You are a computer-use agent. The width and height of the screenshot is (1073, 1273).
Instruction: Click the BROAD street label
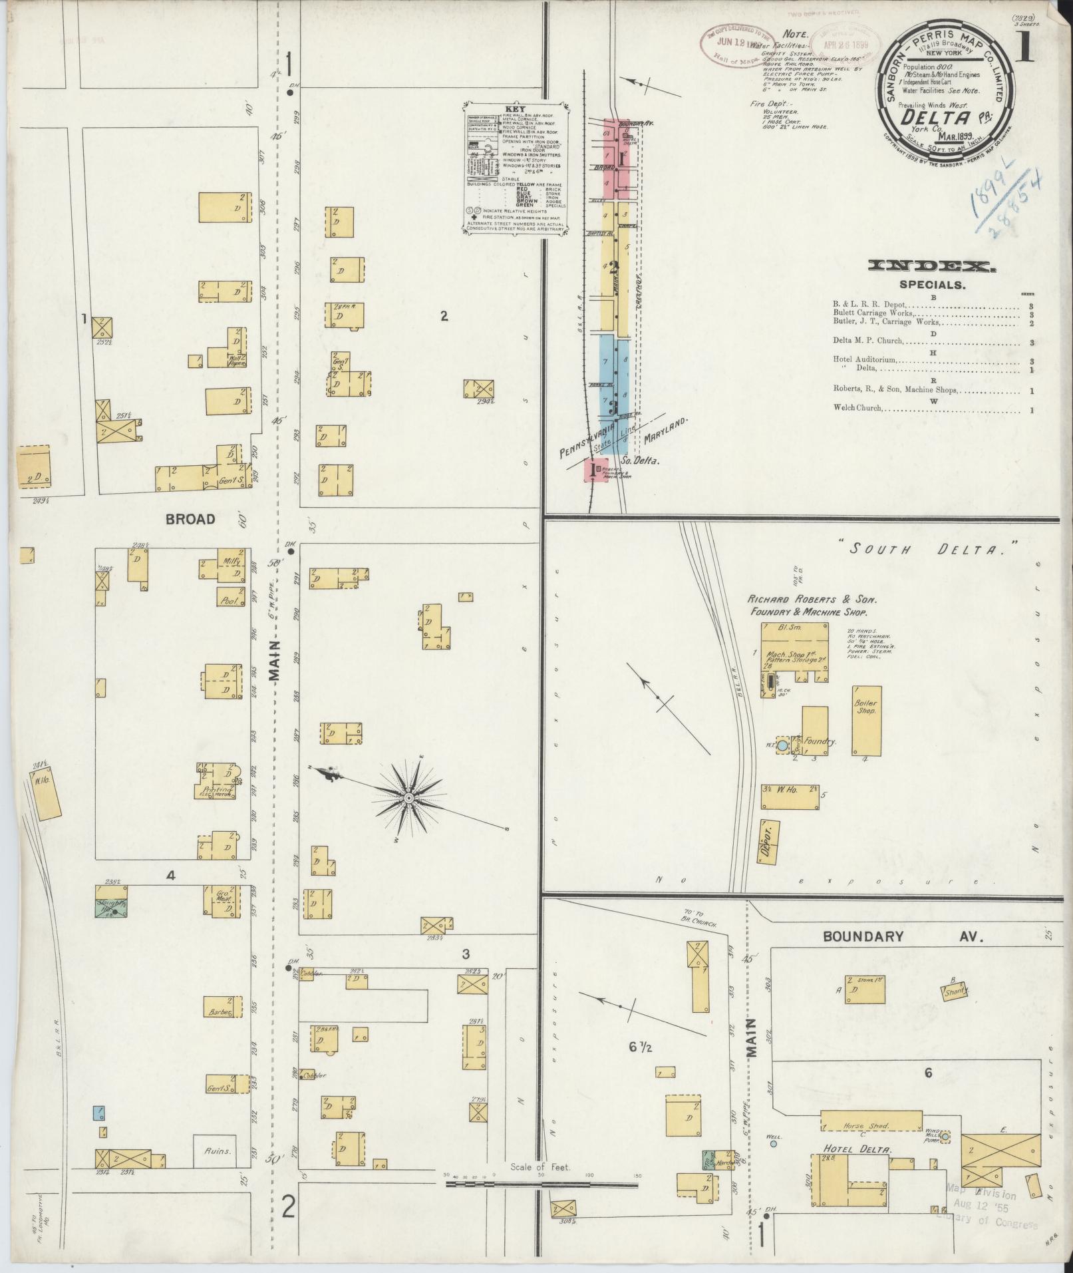coord(191,519)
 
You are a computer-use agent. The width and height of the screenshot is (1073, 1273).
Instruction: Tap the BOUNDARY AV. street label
coord(902,936)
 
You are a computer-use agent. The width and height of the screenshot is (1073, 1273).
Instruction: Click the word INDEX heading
coord(932,267)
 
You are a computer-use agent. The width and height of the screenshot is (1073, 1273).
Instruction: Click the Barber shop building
coord(221,1013)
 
